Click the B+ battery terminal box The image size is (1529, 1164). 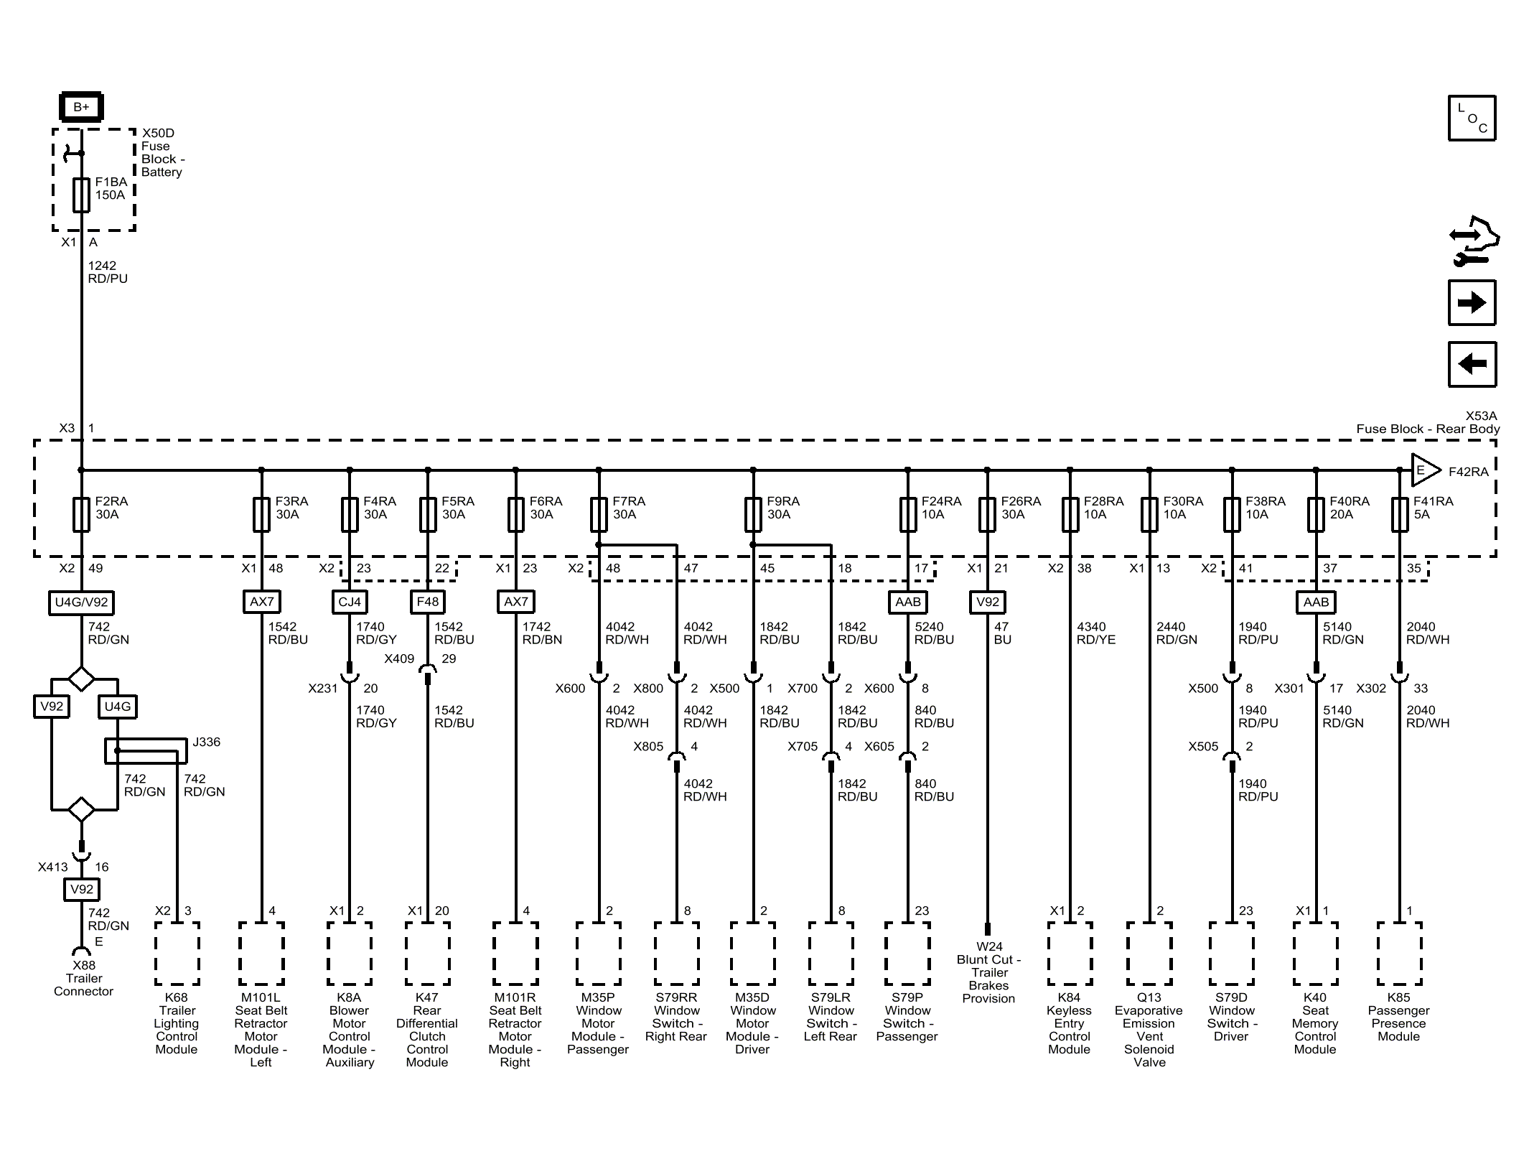(81, 107)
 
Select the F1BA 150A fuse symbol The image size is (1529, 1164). (81, 195)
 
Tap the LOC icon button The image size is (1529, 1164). (1472, 118)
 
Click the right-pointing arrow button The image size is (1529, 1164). (1472, 302)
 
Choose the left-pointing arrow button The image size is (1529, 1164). (1472, 364)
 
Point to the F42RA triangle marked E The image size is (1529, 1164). (1426, 471)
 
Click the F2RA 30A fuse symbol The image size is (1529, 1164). (81, 514)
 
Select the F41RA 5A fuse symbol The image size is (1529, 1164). (1399, 514)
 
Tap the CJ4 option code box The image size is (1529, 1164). (350, 602)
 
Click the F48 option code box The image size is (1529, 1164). (428, 602)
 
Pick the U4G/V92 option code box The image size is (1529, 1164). (81, 602)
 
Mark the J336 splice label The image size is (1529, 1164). (207, 742)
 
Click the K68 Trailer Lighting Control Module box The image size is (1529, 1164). (177, 954)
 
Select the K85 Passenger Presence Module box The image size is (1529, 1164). (1399, 954)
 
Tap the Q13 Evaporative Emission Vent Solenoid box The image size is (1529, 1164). (1149, 954)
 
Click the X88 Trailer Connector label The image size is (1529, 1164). (84, 978)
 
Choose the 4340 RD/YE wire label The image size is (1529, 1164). (1096, 633)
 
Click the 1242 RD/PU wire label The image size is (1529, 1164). (108, 272)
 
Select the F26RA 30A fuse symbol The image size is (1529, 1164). (987, 514)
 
